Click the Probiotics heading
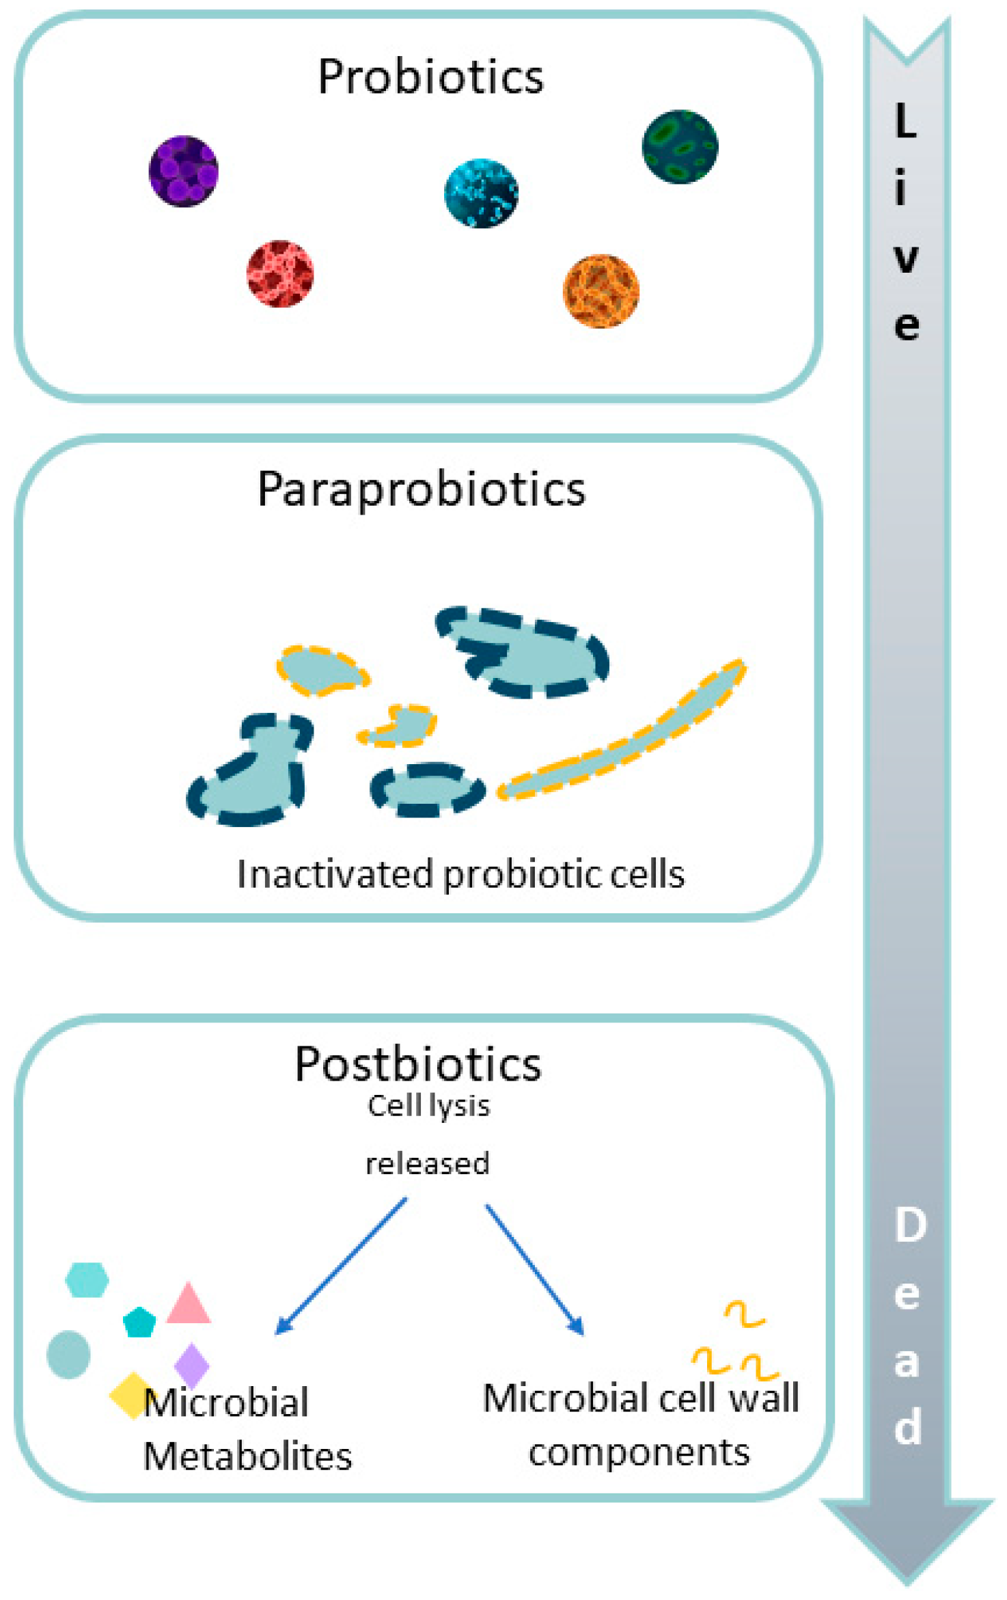tap(430, 76)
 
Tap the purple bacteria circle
tap(183, 171)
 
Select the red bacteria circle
tap(280, 274)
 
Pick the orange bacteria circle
tap(601, 291)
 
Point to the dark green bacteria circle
tap(680, 147)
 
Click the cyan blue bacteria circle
tap(481, 193)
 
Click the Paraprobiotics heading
tap(422, 489)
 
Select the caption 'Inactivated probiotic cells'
tap(460, 874)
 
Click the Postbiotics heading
tap(418, 1063)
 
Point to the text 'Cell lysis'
tap(428, 1105)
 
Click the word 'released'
tap(428, 1163)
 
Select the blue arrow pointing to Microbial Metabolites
tap(341, 1265)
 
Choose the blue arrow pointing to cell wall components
tap(534, 1269)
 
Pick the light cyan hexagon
tap(87, 1279)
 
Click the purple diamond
tap(191, 1366)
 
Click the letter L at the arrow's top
tap(905, 121)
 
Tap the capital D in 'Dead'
tap(910, 1225)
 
